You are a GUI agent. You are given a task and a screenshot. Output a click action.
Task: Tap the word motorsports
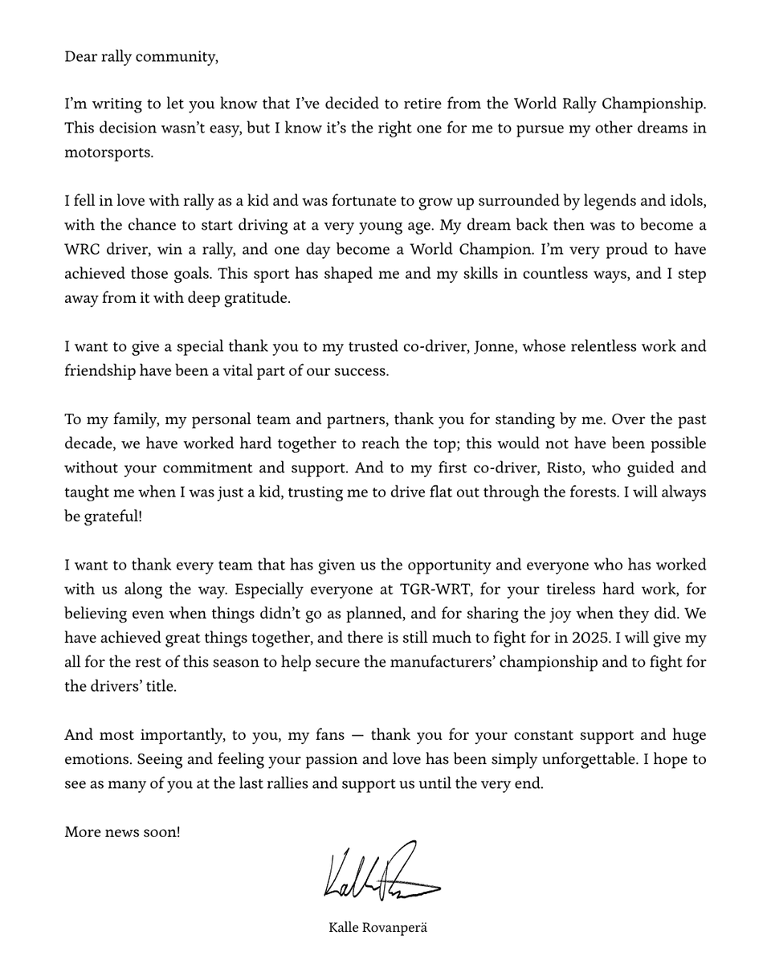108,153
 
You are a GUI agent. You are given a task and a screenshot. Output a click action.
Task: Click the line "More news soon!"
122,832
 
